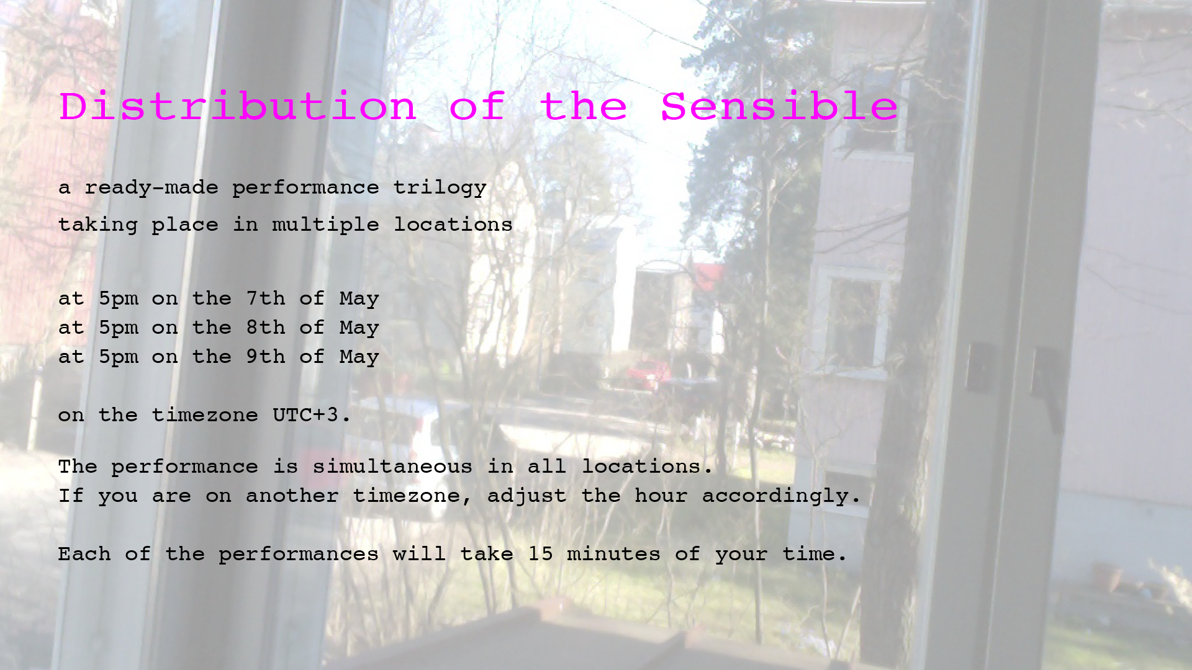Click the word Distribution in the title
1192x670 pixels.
[237, 106]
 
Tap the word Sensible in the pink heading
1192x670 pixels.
[779, 106]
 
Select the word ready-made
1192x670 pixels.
[151, 188]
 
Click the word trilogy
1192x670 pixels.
[440, 188]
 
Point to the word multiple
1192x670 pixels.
[325, 225]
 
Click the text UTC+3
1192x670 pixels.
[312, 414]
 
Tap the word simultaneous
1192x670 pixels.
[392, 467]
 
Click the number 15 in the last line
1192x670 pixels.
[540, 553]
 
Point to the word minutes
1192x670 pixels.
[613, 553]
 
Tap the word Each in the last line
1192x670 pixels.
[84, 553]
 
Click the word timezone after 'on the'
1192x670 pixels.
[205, 414]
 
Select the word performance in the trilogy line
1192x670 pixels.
[305, 188]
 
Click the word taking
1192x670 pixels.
[98, 225]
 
